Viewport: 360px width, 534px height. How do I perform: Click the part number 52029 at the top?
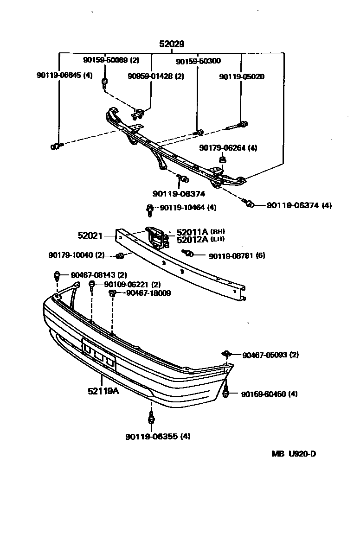[x=172, y=44]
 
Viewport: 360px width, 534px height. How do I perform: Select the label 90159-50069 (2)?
[x=111, y=60]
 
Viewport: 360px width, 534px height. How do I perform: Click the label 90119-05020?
[x=242, y=76]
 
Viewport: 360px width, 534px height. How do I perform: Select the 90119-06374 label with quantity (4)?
[x=299, y=205]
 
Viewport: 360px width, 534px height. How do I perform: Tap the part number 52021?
[x=90, y=235]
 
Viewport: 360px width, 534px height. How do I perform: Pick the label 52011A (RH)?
[x=200, y=232]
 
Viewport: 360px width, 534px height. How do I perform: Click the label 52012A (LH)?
[x=200, y=239]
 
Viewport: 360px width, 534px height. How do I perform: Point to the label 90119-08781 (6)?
[x=237, y=255]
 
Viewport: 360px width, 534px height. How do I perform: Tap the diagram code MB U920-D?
[x=294, y=453]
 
